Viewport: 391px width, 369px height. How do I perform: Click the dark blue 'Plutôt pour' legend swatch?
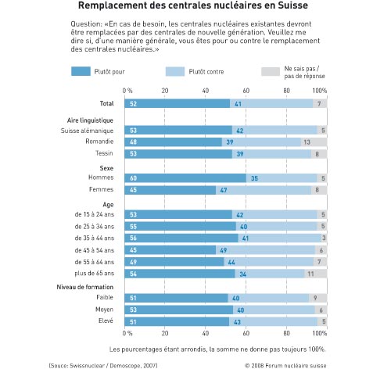(x=81, y=71)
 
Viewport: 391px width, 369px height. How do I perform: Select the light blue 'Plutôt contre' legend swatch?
(x=175, y=71)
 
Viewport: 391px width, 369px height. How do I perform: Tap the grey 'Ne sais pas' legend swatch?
(x=271, y=71)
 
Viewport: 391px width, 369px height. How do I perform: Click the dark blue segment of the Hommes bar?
(x=185, y=178)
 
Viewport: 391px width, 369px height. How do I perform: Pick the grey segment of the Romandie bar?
(x=314, y=142)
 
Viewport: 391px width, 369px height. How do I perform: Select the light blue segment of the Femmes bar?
(x=264, y=190)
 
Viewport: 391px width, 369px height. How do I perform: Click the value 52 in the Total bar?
(x=133, y=104)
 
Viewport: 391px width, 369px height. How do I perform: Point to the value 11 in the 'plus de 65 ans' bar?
(x=310, y=274)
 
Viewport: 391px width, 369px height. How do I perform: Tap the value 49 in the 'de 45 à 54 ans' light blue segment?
(x=224, y=250)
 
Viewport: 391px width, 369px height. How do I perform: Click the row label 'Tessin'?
(x=104, y=153)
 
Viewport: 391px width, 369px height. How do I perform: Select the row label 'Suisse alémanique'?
(x=87, y=131)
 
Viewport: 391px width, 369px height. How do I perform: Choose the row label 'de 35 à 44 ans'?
(x=95, y=238)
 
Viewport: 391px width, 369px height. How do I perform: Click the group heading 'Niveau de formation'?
(x=85, y=287)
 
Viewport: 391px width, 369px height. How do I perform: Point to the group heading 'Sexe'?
(x=106, y=168)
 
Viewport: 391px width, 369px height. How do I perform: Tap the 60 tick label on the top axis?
(x=246, y=91)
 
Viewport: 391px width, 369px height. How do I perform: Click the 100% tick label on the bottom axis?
(x=320, y=333)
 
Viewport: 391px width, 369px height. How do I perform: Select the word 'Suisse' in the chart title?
(x=292, y=5)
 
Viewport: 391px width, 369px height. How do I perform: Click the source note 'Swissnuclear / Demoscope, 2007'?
(x=113, y=365)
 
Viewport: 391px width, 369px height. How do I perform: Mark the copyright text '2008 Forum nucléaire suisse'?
(x=289, y=366)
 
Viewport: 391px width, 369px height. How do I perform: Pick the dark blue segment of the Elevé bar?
(x=177, y=321)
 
